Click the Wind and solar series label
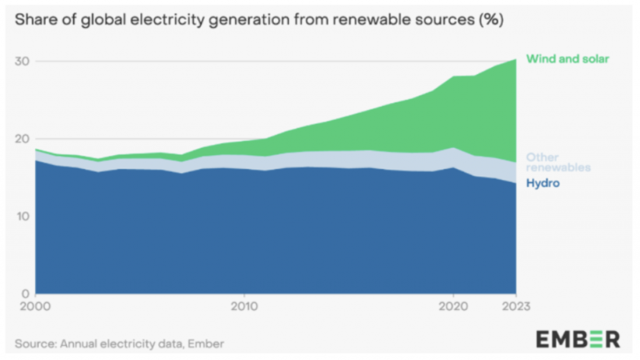(x=567, y=59)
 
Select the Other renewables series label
(x=557, y=162)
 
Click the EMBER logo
(x=577, y=339)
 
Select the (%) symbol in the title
(x=490, y=20)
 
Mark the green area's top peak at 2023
(x=516, y=59)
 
